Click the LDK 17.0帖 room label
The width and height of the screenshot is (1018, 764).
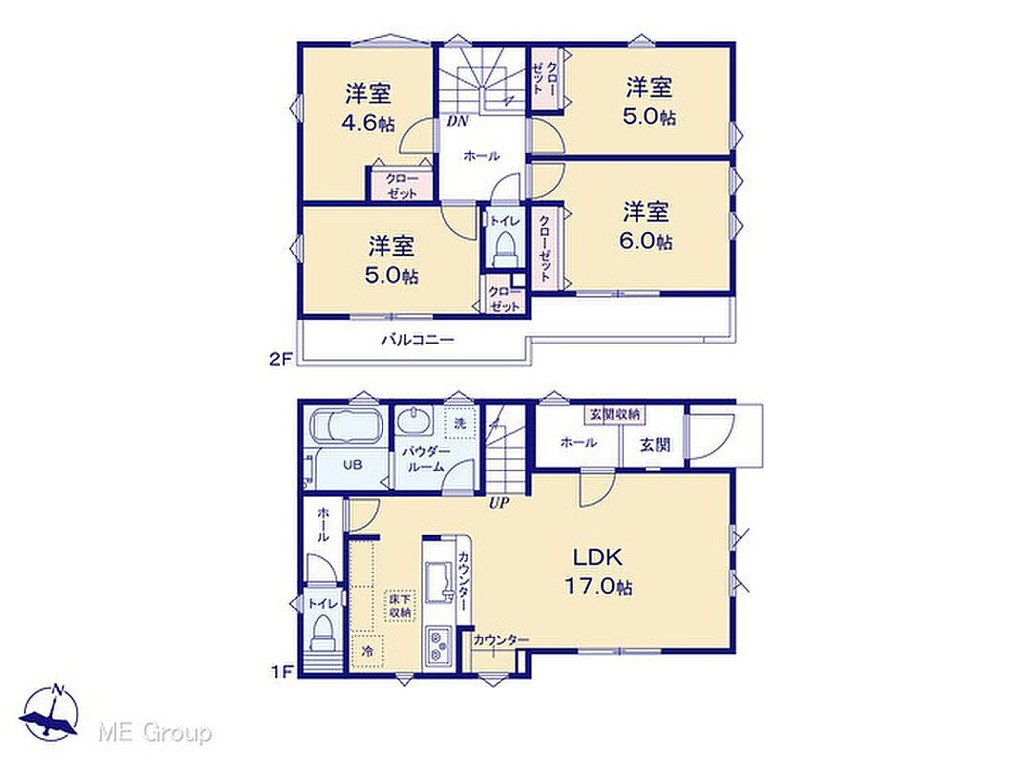click(x=598, y=571)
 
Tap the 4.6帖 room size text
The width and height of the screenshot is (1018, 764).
click(x=368, y=122)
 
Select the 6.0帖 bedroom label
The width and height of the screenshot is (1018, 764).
click(x=646, y=241)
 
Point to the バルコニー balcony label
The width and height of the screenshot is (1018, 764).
click(x=417, y=339)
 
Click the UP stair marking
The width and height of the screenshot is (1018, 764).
click(x=498, y=502)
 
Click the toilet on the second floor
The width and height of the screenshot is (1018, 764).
click(x=504, y=249)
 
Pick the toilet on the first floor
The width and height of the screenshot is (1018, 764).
click(x=322, y=631)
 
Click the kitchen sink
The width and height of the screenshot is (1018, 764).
click(x=439, y=580)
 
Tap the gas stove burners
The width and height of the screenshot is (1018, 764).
click(x=439, y=645)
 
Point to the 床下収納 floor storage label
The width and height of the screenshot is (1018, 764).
click(x=400, y=606)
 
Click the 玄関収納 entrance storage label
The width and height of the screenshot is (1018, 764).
click(x=615, y=414)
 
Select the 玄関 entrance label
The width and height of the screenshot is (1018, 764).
click(x=655, y=445)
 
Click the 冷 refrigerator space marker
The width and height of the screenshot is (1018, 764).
click(x=368, y=651)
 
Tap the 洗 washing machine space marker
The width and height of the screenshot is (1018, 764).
click(x=460, y=424)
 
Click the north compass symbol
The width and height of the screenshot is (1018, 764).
click(x=50, y=714)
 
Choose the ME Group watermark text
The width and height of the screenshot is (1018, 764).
click(x=155, y=733)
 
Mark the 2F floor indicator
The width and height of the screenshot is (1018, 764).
click(x=281, y=359)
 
